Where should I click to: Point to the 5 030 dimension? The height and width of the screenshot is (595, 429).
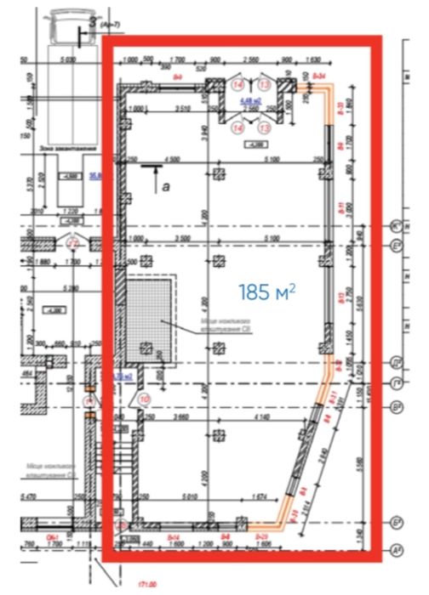pyautogui.click(x=69, y=60)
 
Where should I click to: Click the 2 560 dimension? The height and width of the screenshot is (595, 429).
pyautogui.click(x=249, y=60)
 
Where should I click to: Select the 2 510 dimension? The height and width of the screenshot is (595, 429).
pyautogui.click(x=181, y=109)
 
